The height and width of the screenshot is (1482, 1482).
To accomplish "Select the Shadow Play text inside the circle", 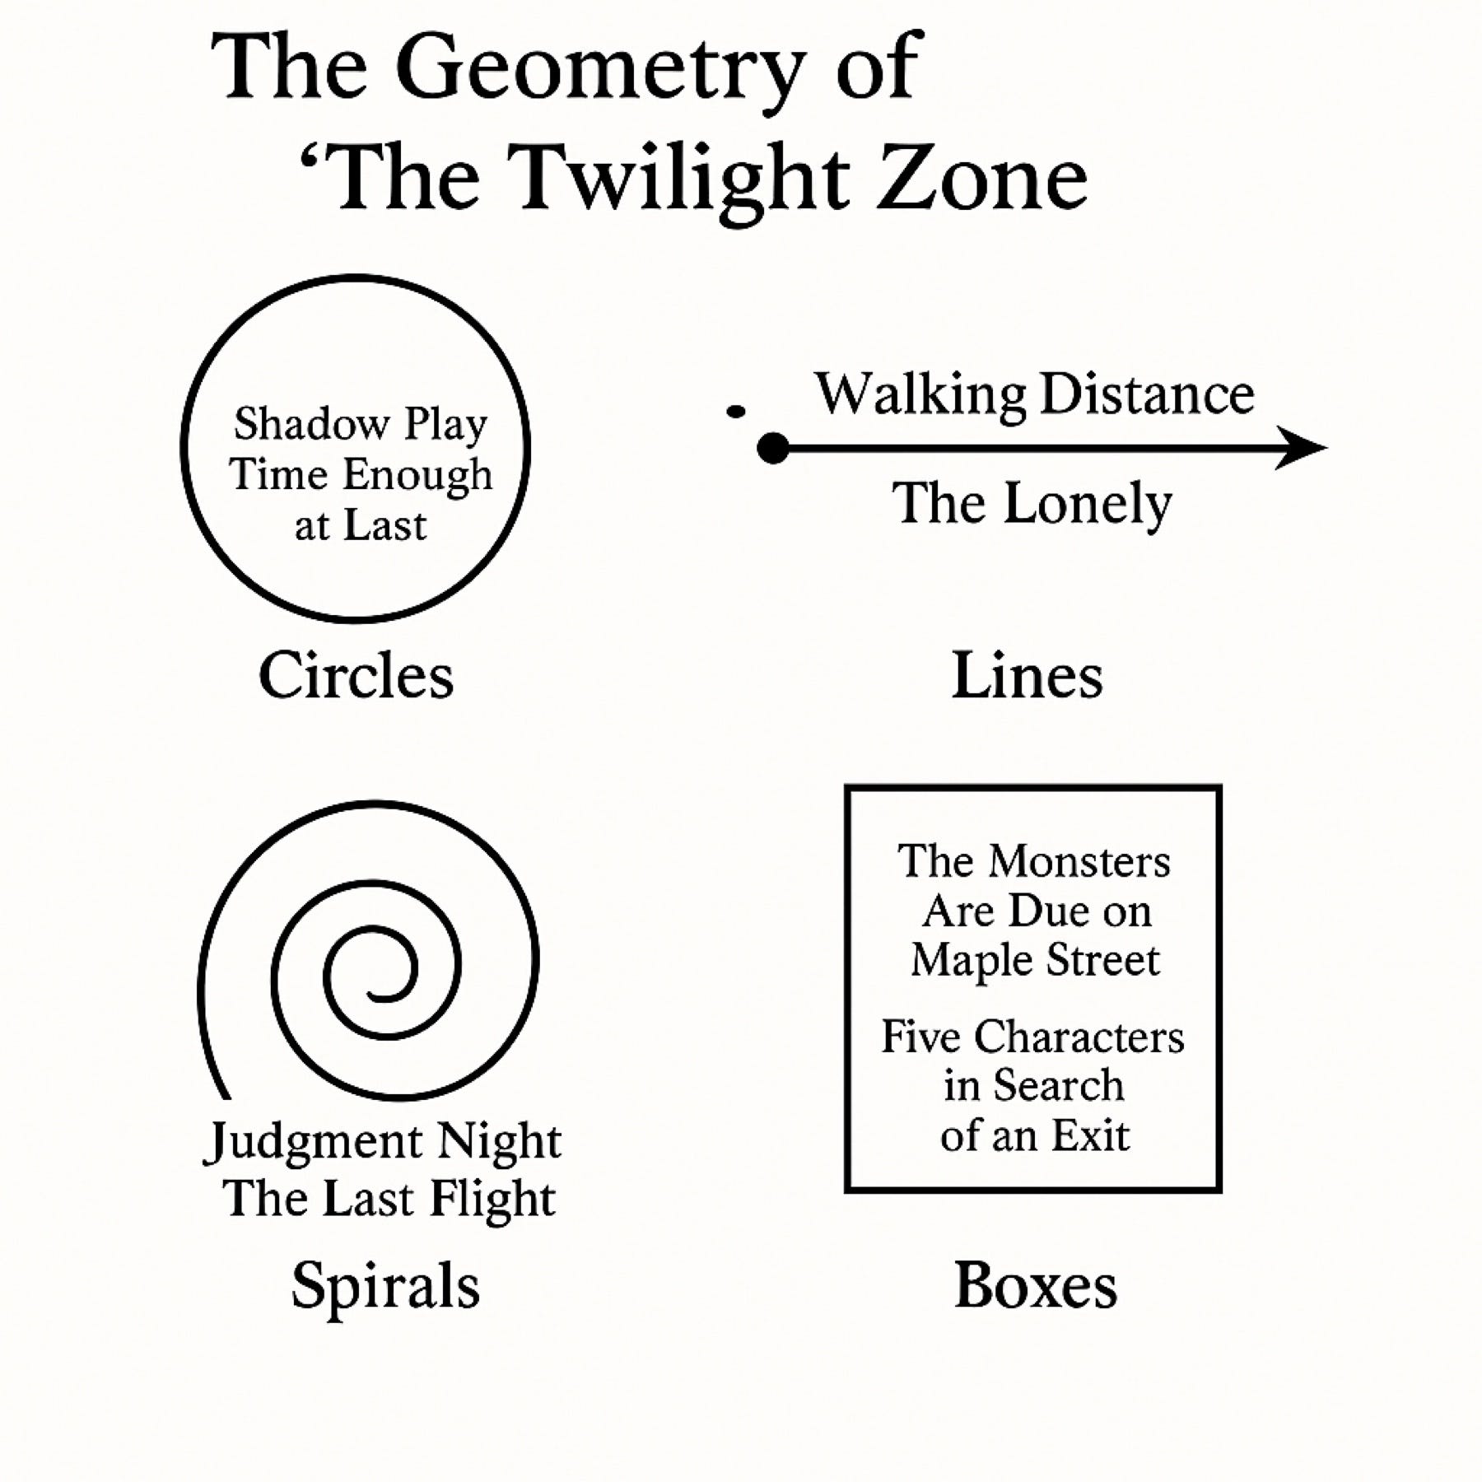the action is click(x=361, y=425).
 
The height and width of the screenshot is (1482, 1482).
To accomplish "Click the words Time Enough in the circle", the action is click(x=361, y=475).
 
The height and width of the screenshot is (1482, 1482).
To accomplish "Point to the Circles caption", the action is click(x=356, y=676).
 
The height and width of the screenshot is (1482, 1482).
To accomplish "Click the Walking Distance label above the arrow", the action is click(x=1034, y=394).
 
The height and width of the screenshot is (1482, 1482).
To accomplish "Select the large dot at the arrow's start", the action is click(x=772, y=449).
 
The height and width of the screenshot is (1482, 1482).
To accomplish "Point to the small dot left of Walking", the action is click(x=736, y=411).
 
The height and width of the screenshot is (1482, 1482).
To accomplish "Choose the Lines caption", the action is click(x=1027, y=676).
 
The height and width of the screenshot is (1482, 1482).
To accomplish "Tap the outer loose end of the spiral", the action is click(x=224, y=1095).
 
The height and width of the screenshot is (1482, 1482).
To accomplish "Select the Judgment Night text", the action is click(x=382, y=1142).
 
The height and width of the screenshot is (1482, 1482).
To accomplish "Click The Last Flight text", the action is click(x=389, y=1198).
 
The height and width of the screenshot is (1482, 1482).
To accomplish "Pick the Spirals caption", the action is click(x=385, y=1286).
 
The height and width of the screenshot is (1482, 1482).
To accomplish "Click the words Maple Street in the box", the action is click(x=1035, y=960).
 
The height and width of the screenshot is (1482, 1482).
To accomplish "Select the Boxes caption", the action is click(x=1035, y=1286).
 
